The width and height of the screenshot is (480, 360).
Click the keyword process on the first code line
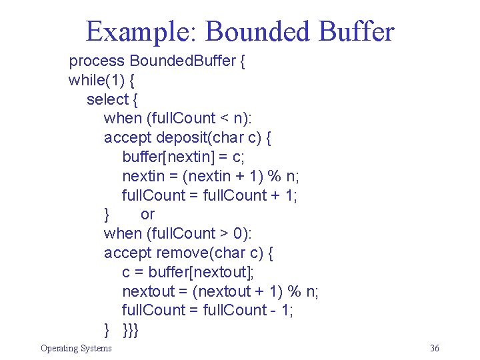click(97, 61)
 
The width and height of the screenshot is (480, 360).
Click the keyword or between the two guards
click(147, 215)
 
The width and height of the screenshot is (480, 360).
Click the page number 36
click(435, 348)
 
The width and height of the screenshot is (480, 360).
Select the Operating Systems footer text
click(76, 348)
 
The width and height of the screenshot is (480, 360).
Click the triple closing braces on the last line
click(131, 329)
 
